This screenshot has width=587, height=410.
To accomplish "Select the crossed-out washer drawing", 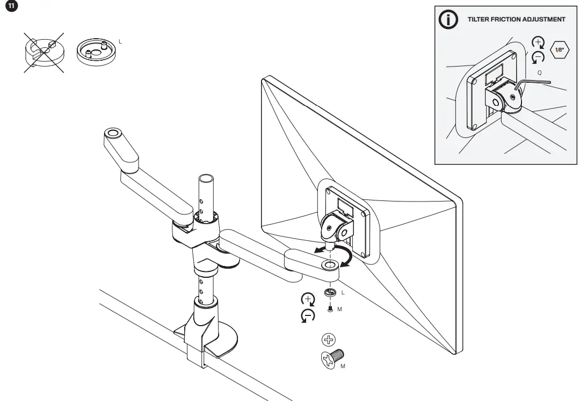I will pos(44,52).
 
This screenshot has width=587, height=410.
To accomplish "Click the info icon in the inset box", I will pos(449,19).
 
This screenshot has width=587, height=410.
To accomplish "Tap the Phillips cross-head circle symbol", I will pos(328,340).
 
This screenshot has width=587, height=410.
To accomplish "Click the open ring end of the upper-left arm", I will pos(112,132).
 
